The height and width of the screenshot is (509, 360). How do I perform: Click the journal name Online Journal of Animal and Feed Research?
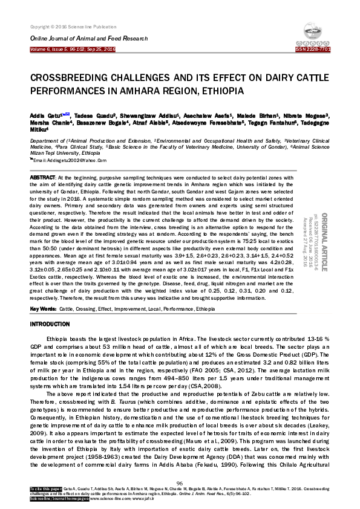click(89, 38)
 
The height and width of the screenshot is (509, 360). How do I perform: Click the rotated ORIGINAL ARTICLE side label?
click(322, 242)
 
